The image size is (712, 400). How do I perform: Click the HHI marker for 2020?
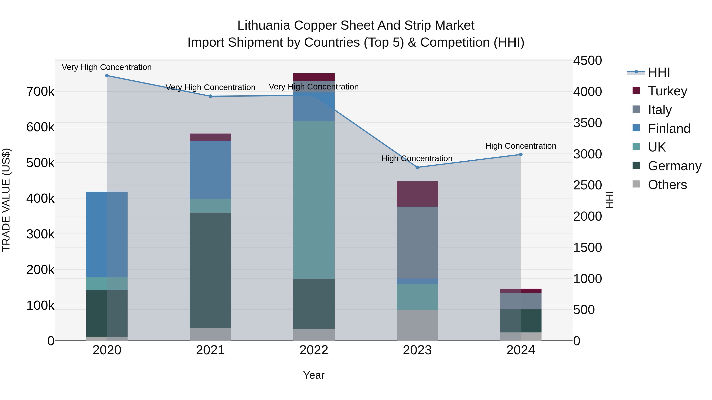[107, 76]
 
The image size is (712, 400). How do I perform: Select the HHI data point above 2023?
[417, 167]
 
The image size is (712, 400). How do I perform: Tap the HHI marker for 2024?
[521, 155]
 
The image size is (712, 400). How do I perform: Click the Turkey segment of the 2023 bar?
[417, 194]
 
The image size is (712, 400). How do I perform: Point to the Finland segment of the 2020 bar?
[107, 234]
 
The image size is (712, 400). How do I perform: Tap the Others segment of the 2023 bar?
[417, 325]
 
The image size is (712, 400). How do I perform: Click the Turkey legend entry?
[667, 91]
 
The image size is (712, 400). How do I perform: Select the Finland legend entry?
[669, 129]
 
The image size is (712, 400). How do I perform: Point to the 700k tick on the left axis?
[40, 92]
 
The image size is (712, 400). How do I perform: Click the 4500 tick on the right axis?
[587, 60]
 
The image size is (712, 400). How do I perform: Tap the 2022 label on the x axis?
[314, 350]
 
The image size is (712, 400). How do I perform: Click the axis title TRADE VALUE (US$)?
[6, 200]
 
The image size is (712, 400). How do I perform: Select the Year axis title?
[314, 375]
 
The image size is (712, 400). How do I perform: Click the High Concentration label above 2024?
[521, 146]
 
